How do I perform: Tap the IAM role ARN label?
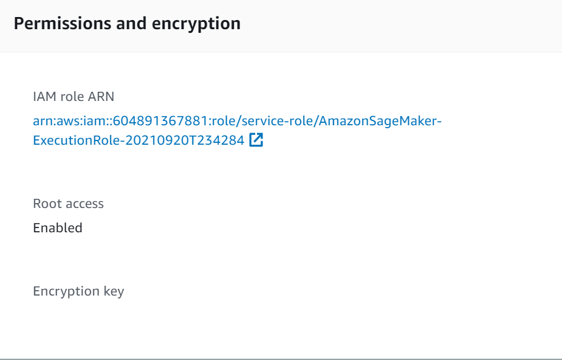[74, 97]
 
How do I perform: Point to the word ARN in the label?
[101, 97]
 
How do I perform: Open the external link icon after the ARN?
[256, 140]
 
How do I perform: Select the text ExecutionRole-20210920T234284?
[139, 140]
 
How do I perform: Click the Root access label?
[68, 204]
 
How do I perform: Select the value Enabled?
[58, 228]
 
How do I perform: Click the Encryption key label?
[78, 291]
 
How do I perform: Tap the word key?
[113, 291]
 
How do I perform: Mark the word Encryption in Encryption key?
[66, 291]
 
